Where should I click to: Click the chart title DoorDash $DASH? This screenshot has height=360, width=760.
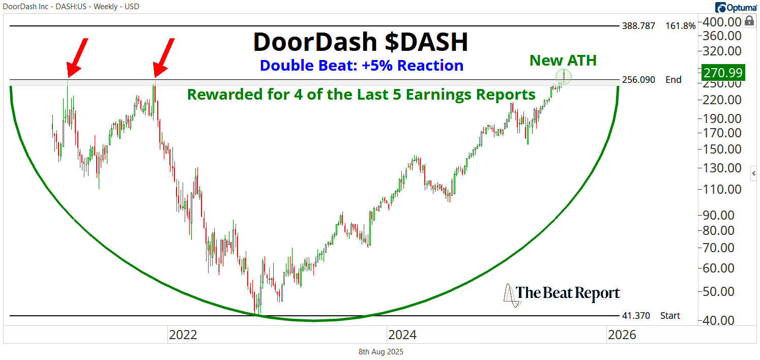(x=360, y=42)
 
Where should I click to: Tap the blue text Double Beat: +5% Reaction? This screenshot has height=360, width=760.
(x=361, y=66)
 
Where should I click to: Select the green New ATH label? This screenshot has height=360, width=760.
(x=563, y=61)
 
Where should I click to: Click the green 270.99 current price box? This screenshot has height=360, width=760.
(x=723, y=72)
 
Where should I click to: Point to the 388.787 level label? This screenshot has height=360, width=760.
(x=638, y=26)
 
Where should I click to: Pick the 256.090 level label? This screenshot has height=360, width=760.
(x=638, y=80)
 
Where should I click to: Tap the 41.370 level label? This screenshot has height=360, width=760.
(x=636, y=316)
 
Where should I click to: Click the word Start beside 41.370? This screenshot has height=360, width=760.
(x=670, y=316)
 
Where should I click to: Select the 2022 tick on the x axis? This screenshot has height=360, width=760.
(x=183, y=335)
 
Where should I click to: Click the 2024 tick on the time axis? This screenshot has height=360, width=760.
(x=402, y=335)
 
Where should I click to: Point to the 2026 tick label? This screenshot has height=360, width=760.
(x=622, y=335)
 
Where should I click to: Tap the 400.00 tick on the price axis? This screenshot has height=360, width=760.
(x=720, y=22)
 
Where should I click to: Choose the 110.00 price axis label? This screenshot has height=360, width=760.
(x=720, y=189)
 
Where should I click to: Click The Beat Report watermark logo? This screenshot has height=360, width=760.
(x=562, y=294)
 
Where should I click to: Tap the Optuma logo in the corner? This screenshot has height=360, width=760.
(x=735, y=7)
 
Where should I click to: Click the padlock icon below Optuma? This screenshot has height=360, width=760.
(x=749, y=21)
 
